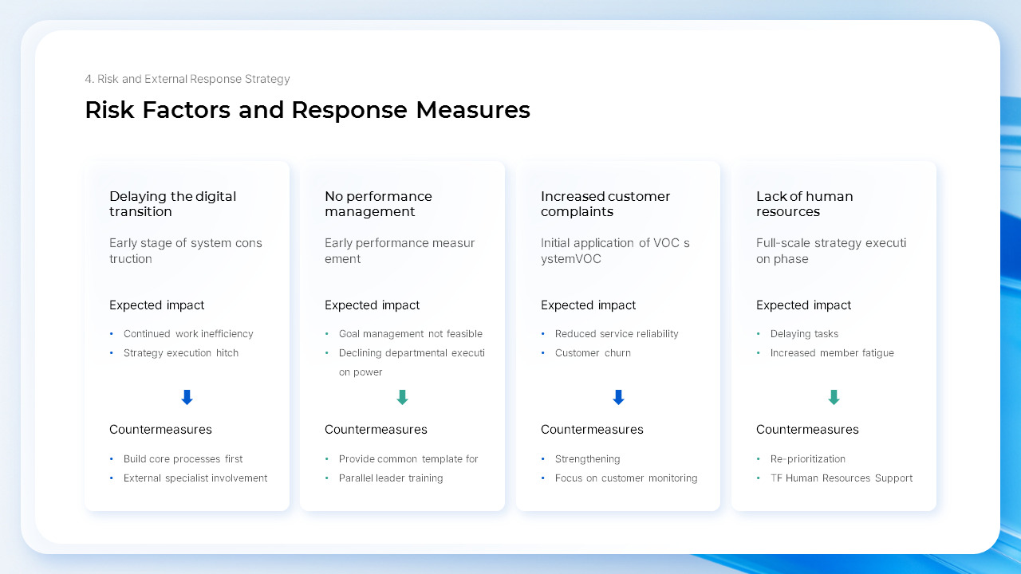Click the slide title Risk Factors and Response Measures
coord(307,110)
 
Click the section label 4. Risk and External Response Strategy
coord(187,79)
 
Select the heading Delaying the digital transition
coord(172,204)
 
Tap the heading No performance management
coord(378,204)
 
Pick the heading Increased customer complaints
coord(605,204)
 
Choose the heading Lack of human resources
coord(804,204)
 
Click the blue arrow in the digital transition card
coord(187,397)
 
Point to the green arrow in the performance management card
coord(402,397)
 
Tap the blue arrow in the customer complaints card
coord(618,397)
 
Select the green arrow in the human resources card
coord(834,397)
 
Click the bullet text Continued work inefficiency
coord(188,334)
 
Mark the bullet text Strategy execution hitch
coord(181,353)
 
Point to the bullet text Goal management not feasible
coord(410,334)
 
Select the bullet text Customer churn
coord(593,353)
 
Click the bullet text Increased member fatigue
coord(832,353)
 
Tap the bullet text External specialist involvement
coord(195,478)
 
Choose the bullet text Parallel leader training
coord(391,478)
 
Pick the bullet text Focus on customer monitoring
coord(626,478)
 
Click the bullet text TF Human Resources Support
coord(841,478)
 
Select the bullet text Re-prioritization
coord(807,459)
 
